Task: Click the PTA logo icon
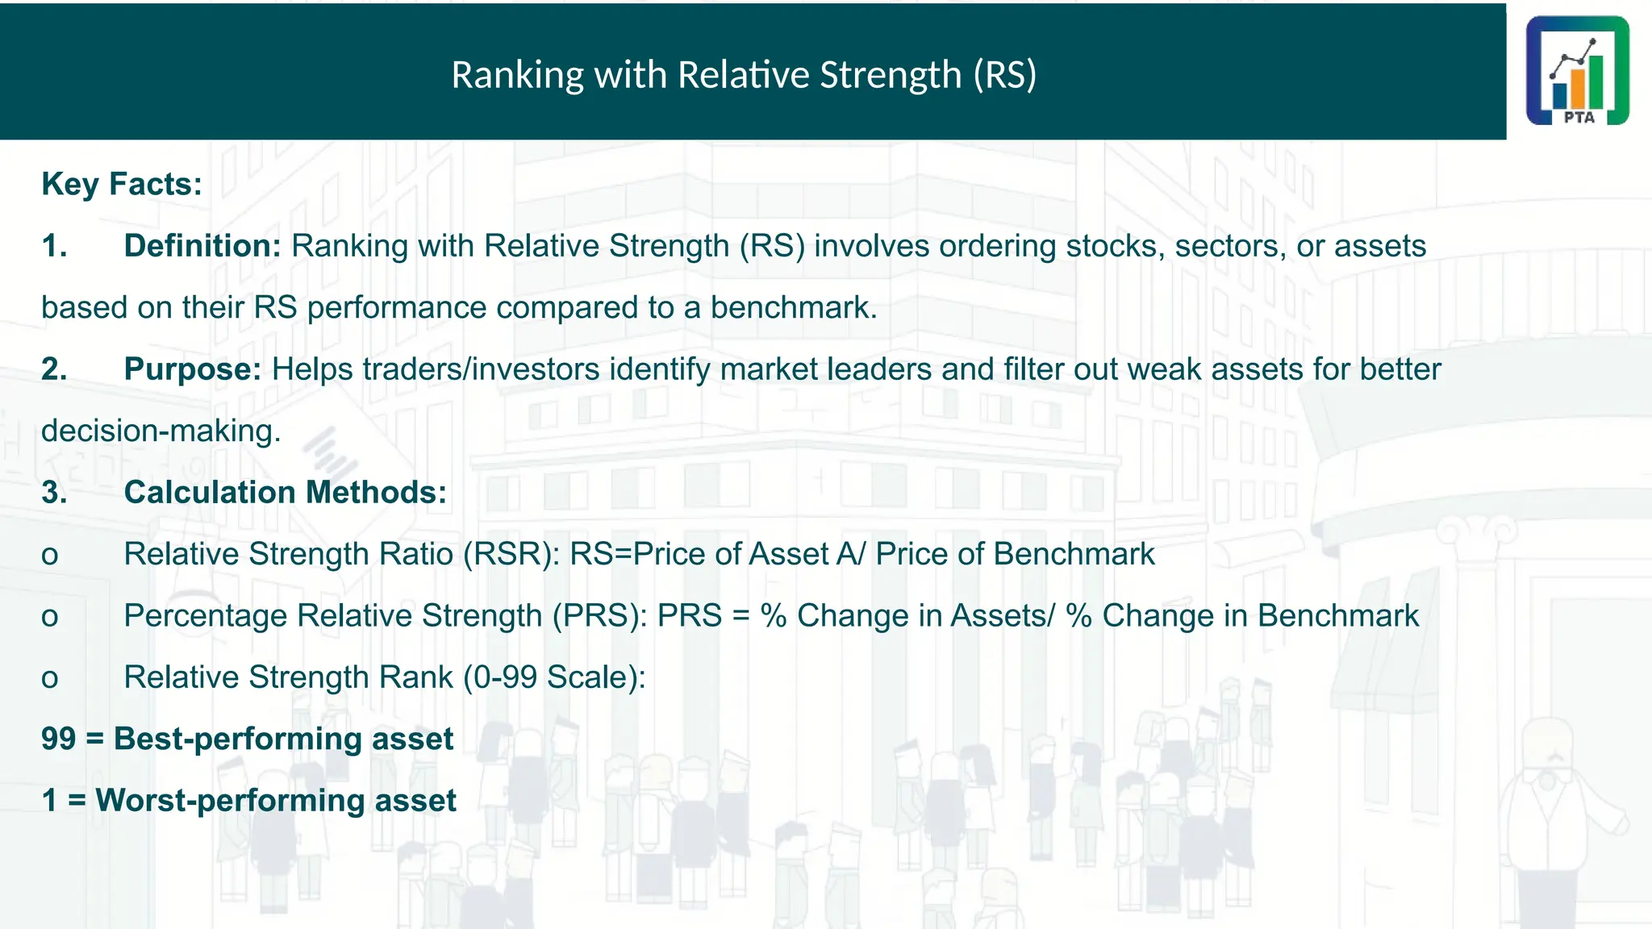click(1577, 70)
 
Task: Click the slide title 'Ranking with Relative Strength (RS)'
click(744, 75)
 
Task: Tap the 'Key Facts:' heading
click(122, 185)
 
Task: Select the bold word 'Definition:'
click(202, 246)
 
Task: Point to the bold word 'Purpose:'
click(193, 369)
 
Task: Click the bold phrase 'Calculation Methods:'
click(285, 493)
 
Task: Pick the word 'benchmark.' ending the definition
click(794, 308)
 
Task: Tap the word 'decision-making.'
click(161, 431)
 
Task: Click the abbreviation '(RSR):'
click(511, 555)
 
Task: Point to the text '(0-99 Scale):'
click(554, 677)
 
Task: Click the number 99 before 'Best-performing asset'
click(59, 739)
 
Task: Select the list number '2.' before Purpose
click(54, 369)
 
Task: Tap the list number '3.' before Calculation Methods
click(54, 493)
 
